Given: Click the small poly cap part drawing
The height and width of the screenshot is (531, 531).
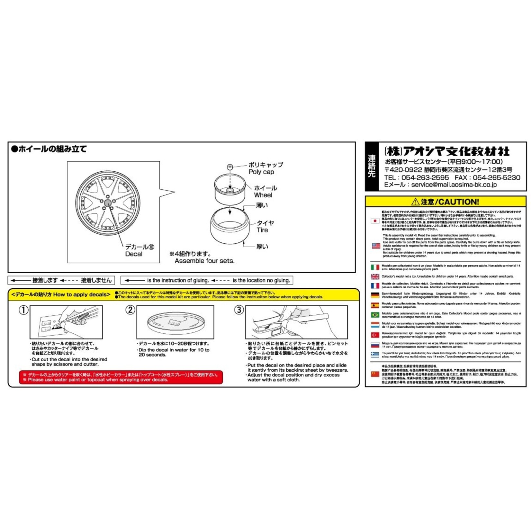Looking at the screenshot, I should [230, 167].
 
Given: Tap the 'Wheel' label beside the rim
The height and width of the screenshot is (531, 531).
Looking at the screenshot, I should [263, 195].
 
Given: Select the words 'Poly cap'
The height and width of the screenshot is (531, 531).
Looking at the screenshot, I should [261, 172].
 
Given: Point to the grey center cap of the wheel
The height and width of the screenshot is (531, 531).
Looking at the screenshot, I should [108, 203].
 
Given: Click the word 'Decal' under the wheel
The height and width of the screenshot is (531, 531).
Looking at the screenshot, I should [134, 254].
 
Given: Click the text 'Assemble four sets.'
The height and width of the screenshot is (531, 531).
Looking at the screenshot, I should [204, 261].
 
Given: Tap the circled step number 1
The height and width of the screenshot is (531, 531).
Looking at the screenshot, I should [23, 310].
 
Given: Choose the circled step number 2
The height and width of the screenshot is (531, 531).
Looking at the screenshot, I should [130, 310].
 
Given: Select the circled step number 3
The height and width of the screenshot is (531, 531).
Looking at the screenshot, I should [239, 310].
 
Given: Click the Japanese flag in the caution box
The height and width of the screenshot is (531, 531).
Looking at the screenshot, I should [375, 221].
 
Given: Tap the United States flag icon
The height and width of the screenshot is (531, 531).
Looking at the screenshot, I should [376, 246].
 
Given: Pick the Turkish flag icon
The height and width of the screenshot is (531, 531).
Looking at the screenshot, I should [375, 335].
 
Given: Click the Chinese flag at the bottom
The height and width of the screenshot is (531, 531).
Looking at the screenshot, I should [375, 374].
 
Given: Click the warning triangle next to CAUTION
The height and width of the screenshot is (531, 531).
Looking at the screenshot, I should [415, 202].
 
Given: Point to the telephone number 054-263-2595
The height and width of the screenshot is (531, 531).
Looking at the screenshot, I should [425, 178].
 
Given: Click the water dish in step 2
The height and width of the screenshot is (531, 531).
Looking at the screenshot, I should [175, 323].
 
